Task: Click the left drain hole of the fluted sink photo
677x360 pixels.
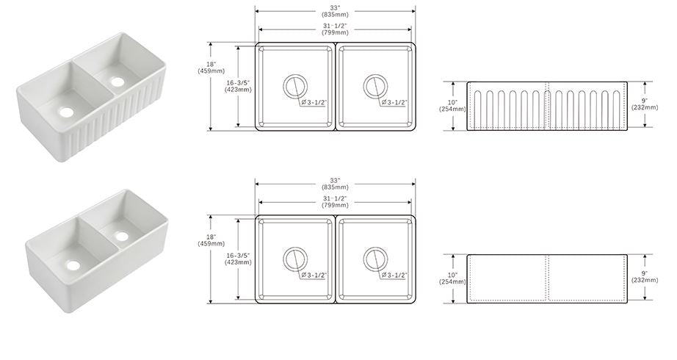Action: point(67,112)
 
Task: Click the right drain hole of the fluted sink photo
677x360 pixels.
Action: point(117,81)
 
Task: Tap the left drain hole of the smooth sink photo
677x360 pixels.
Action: point(73,264)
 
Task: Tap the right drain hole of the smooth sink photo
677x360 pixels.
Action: point(122,236)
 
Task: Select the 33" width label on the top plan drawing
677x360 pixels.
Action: point(335,7)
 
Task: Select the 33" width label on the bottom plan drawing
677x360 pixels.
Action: point(335,180)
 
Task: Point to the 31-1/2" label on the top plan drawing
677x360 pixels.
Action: point(335,26)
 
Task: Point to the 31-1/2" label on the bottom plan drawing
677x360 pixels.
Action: point(335,198)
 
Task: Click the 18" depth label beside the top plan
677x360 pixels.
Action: point(211,65)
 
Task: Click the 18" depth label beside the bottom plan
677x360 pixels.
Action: point(211,237)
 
